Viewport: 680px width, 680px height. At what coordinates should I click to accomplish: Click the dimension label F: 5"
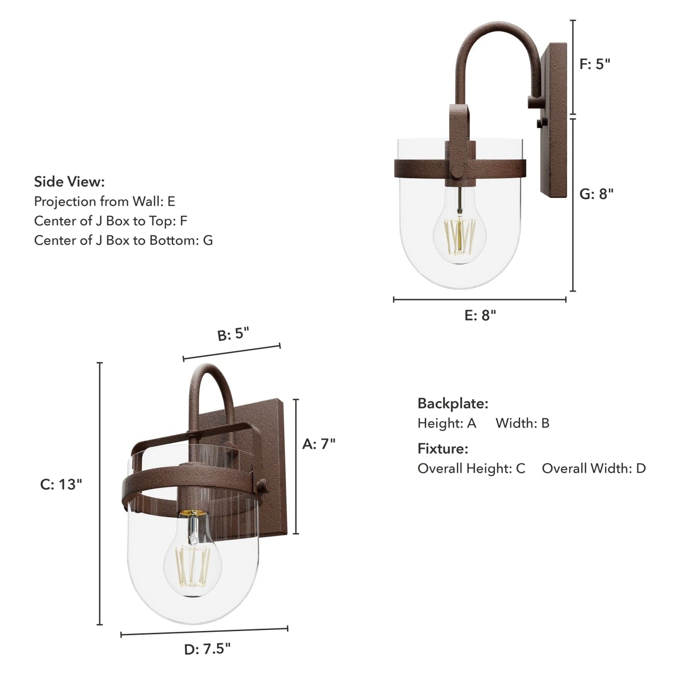[594, 64]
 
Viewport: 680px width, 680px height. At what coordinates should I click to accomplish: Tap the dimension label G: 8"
[596, 194]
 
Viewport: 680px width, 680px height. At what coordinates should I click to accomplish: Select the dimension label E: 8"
[480, 315]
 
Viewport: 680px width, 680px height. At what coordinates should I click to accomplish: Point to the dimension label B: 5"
[233, 334]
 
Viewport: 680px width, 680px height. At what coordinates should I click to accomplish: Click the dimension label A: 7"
[319, 444]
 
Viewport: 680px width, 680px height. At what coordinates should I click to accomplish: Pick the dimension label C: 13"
[61, 484]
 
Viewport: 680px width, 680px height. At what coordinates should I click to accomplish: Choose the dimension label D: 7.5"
[207, 649]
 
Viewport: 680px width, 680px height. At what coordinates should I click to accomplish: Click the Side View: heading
[69, 182]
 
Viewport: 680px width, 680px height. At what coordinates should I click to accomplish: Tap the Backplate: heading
[453, 403]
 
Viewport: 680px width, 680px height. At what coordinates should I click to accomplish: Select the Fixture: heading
[443, 448]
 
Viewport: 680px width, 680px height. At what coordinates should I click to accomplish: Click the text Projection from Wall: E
[104, 201]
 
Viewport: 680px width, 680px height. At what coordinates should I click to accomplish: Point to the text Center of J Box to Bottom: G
[123, 240]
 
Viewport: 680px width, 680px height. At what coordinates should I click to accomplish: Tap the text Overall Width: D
[593, 468]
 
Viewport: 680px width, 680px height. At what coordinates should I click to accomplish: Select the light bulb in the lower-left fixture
[193, 560]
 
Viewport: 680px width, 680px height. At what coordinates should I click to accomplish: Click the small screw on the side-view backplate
[538, 123]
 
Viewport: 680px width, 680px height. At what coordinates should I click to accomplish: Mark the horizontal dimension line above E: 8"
[480, 299]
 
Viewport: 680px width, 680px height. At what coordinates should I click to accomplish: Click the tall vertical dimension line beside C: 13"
[100, 494]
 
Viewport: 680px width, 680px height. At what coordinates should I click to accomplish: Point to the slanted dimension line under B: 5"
[232, 352]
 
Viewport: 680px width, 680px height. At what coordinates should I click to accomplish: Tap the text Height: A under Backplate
[447, 423]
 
